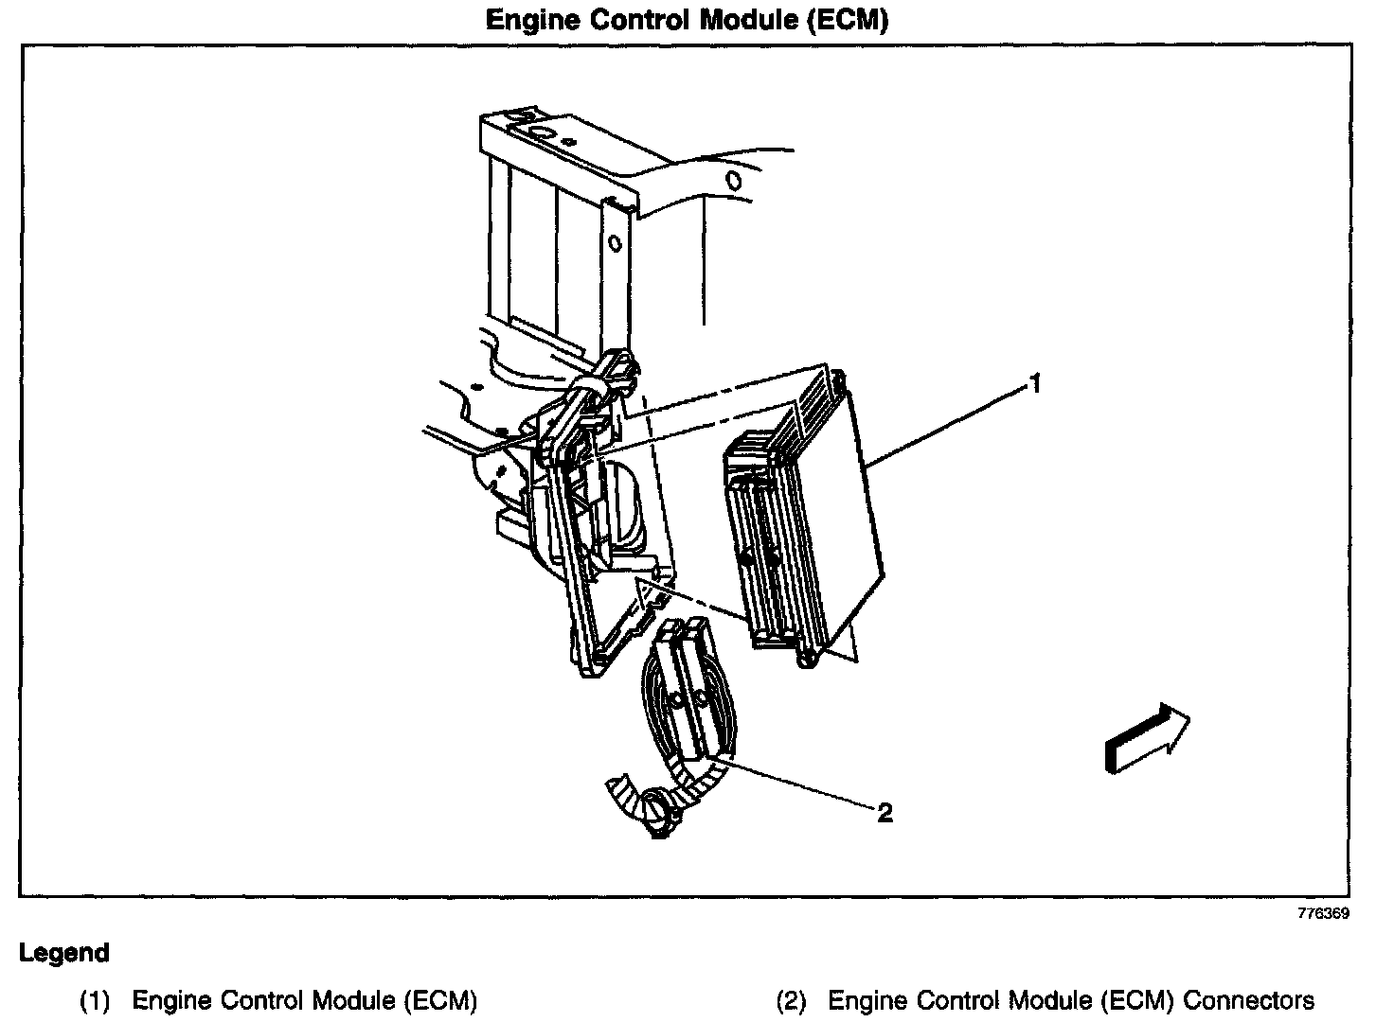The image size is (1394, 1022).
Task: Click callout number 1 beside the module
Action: click(x=1035, y=384)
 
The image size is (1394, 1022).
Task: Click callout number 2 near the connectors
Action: click(x=885, y=812)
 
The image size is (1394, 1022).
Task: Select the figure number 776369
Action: click(x=1324, y=915)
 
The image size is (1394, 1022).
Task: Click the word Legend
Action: click(x=64, y=953)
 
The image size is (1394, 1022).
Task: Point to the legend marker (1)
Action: click(x=96, y=1001)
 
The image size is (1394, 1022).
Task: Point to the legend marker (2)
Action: click(x=791, y=1001)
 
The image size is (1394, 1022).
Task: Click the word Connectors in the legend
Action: click(x=1249, y=1001)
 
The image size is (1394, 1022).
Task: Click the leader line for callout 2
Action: click(x=795, y=782)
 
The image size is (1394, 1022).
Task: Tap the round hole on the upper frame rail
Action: click(x=732, y=180)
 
